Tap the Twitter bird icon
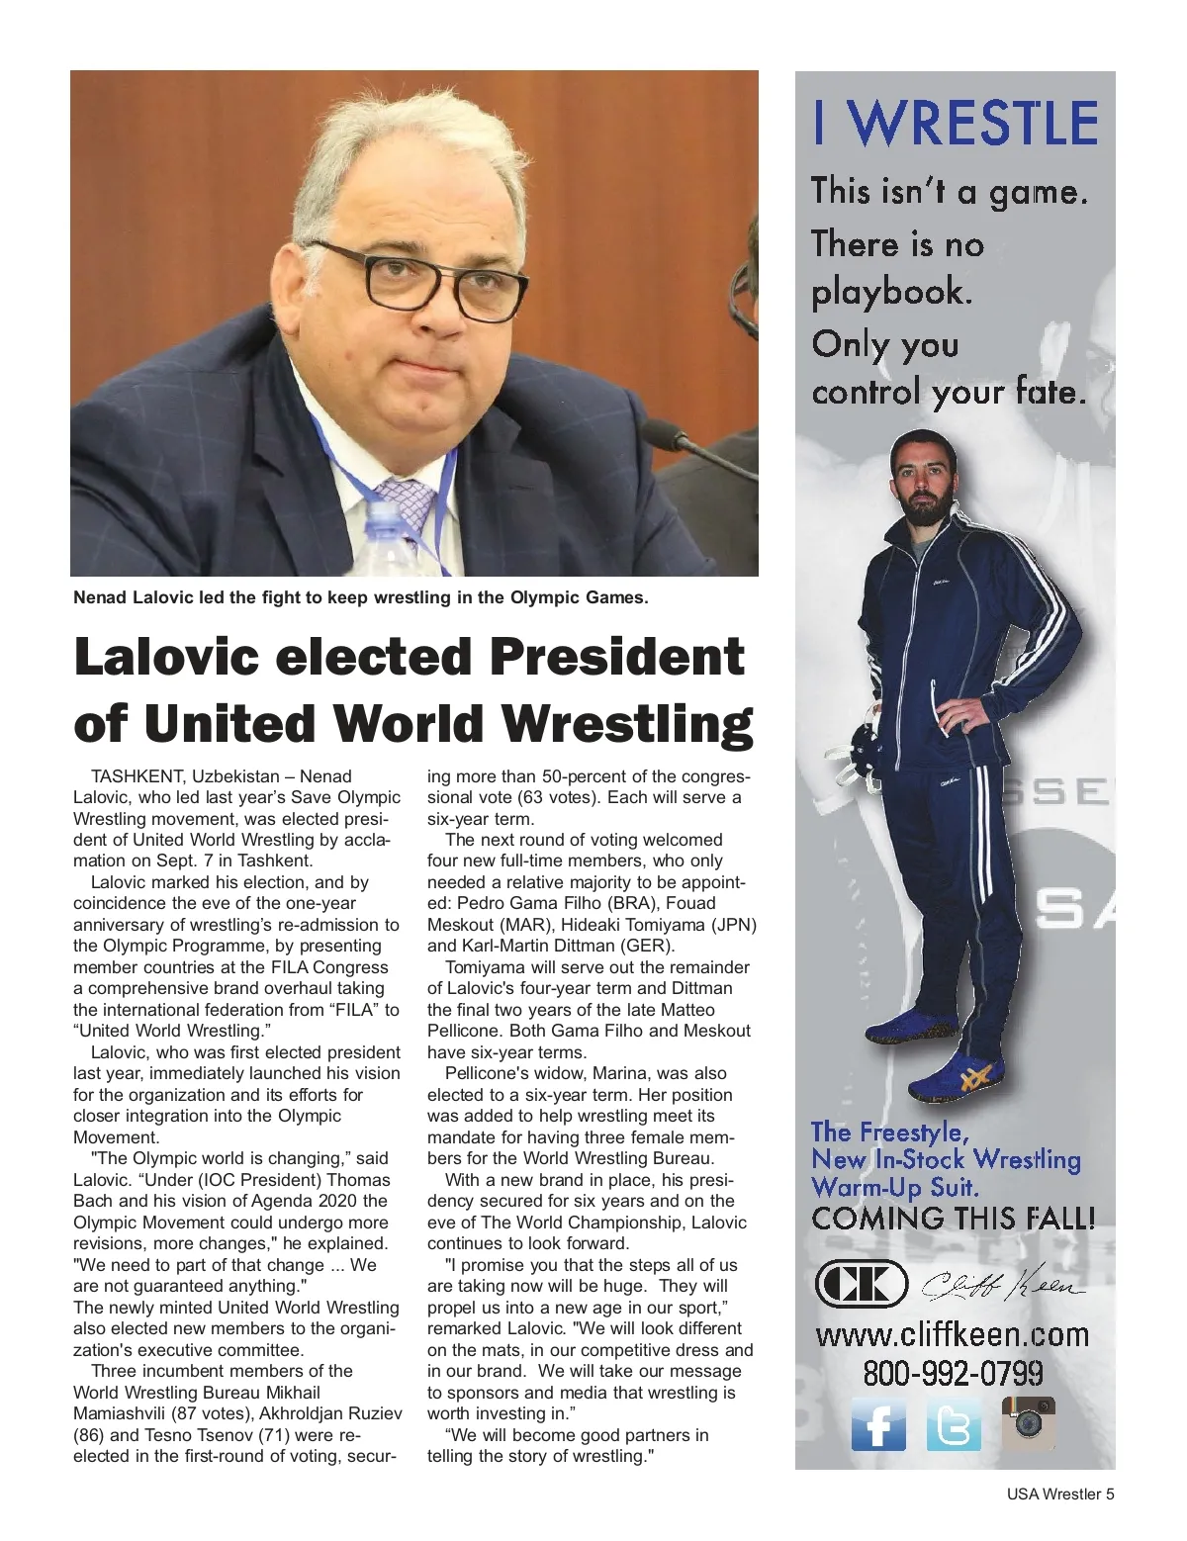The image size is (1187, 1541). [953, 1425]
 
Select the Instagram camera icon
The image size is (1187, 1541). [1029, 1423]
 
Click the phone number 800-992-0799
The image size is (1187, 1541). [953, 1373]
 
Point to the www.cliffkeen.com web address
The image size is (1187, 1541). [952, 1334]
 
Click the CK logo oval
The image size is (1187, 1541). [861, 1285]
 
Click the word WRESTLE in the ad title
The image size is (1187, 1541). [975, 124]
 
